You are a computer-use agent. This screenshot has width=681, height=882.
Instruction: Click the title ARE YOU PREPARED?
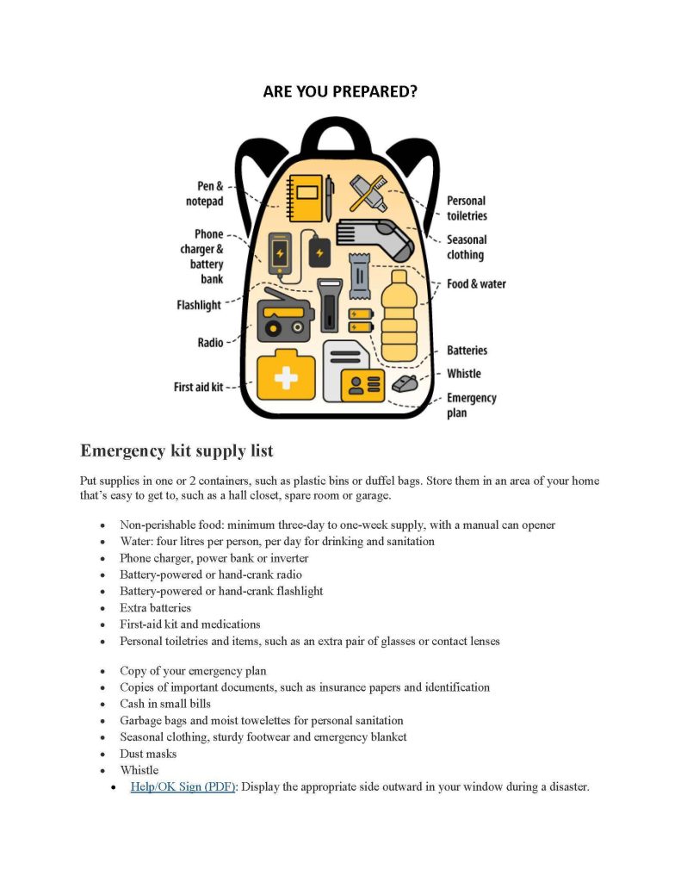click(x=340, y=91)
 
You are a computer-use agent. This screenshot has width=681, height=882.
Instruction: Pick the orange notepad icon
click(x=306, y=198)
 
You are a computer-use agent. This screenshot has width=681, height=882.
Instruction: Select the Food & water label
click(x=476, y=283)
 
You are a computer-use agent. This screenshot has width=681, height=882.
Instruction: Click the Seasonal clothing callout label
click(x=466, y=247)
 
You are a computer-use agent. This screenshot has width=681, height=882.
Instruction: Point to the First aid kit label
click(x=198, y=387)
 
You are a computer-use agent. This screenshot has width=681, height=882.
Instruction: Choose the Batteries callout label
click(x=467, y=351)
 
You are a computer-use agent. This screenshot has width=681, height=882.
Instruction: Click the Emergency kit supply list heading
click(x=176, y=450)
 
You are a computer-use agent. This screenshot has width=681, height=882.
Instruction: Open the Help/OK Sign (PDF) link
click(x=183, y=786)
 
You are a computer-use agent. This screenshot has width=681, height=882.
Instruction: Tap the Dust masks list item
click(x=148, y=754)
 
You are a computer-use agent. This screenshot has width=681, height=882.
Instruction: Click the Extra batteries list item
click(x=155, y=607)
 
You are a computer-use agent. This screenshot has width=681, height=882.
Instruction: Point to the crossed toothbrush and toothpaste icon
click(x=368, y=193)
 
